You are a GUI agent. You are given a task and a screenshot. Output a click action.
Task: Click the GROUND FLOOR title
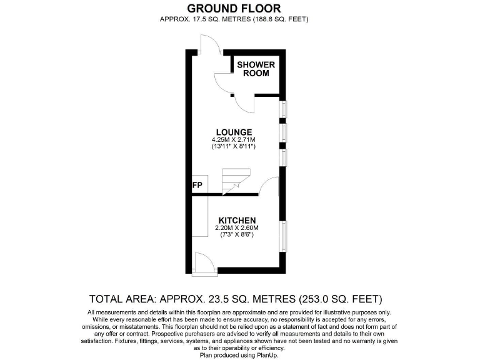[234, 8]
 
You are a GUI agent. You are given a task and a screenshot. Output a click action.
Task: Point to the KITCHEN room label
[237, 221]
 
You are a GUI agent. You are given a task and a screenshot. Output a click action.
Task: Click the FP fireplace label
[197, 186]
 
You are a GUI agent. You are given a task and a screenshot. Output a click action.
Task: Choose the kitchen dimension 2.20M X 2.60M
[237, 228]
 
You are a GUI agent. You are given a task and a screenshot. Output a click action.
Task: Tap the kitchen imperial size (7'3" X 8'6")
[237, 235]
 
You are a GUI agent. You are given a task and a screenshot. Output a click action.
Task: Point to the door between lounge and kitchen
[269, 186]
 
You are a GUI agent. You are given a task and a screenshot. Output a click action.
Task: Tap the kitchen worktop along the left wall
[200, 216]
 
